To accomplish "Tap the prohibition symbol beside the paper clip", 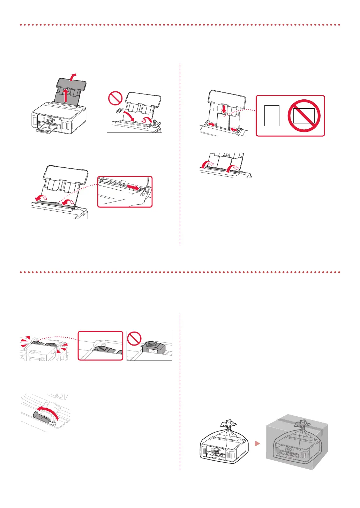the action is pos(114,98).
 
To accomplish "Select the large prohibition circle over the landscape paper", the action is pos(304,116).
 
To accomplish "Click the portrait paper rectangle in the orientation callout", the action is pos(272,115).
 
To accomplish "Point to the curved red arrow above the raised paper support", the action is pos(72,77).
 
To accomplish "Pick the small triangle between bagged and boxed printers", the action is pos(257,443).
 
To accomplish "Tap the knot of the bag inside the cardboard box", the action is pos(302,425).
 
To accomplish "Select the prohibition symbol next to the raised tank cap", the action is pos(134,338).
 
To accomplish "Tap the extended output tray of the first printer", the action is pos(45,130).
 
